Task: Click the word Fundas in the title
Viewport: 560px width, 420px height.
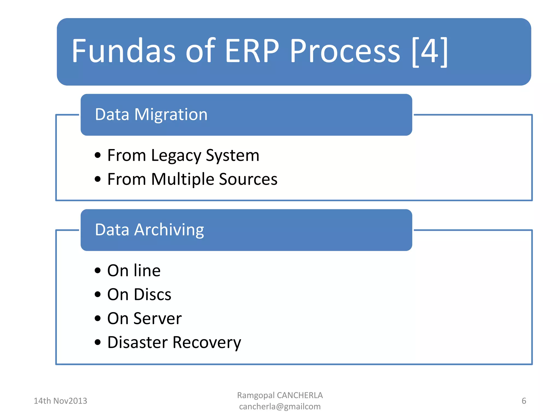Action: click(x=123, y=51)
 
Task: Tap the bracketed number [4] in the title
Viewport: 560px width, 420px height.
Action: click(x=430, y=52)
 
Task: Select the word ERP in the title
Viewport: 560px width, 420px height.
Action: click(x=252, y=51)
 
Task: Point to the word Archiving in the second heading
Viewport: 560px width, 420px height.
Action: click(x=169, y=230)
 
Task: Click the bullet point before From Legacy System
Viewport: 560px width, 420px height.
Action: click(x=98, y=155)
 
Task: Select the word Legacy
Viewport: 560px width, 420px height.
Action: click(x=176, y=156)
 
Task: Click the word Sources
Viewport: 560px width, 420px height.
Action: click(x=248, y=179)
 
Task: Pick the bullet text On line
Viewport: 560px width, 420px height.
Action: click(x=134, y=271)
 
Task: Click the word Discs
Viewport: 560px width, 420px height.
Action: click(x=152, y=294)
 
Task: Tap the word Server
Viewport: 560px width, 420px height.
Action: click(x=157, y=319)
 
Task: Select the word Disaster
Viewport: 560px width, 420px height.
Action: click(x=137, y=342)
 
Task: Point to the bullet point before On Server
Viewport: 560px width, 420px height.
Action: click(x=98, y=318)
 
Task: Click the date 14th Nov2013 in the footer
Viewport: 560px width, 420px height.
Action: click(x=60, y=401)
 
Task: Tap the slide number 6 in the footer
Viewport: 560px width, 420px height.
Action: click(x=524, y=401)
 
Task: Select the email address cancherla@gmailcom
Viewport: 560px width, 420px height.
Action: click(x=280, y=407)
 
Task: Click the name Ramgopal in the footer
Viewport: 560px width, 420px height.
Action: click(x=256, y=395)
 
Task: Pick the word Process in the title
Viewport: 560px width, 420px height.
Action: click(x=345, y=51)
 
